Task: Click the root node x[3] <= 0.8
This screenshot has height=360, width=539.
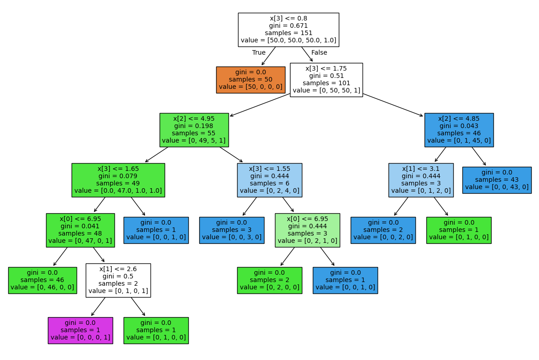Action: tap(288, 30)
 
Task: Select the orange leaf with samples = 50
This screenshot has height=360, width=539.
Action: tap(250, 80)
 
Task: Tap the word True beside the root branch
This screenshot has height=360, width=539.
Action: tap(259, 52)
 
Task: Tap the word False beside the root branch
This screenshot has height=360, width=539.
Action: tap(319, 52)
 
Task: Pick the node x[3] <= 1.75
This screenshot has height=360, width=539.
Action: tap(326, 80)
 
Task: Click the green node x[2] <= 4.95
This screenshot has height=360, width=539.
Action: tap(194, 130)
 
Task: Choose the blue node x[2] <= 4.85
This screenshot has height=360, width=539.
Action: tap(459, 130)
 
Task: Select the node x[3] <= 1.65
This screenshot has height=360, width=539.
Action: tap(118, 180)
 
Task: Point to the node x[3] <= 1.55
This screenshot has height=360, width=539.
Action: tap(269, 180)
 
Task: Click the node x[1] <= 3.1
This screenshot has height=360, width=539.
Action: tap(421, 180)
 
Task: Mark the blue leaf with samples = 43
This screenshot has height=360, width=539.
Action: tap(497, 180)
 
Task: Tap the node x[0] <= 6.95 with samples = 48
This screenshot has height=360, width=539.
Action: tap(80, 230)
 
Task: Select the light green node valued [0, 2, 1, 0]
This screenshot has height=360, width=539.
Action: tap(307, 230)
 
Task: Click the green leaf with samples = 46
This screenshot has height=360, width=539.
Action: tap(42, 280)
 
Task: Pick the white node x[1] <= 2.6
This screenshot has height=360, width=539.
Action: tap(118, 280)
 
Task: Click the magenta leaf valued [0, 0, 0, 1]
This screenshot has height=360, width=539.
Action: tap(80, 330)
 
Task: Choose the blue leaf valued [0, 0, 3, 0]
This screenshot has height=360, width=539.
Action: tap(232, 230)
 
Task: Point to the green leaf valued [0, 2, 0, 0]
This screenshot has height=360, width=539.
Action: tap(269, 280)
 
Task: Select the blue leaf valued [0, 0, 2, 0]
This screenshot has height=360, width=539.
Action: tap(383, 230)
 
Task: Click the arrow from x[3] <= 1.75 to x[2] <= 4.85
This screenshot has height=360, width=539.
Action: tap(393, 105)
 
